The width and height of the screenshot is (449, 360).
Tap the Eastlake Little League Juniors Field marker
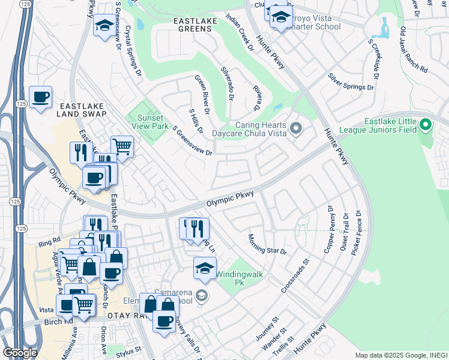[426, 125]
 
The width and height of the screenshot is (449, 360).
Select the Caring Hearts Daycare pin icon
[295, 128]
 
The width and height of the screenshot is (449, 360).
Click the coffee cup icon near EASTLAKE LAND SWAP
[40, 97]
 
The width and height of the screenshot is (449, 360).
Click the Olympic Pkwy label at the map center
[231, 199]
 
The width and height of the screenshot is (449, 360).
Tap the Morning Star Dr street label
[267, 243]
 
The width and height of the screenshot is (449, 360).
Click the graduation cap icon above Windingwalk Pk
[205, 268]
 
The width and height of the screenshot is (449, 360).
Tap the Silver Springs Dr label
[351, 82]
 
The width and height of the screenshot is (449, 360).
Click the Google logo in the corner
[20, 352]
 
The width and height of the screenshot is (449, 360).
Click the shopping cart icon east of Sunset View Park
[122, 146]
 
